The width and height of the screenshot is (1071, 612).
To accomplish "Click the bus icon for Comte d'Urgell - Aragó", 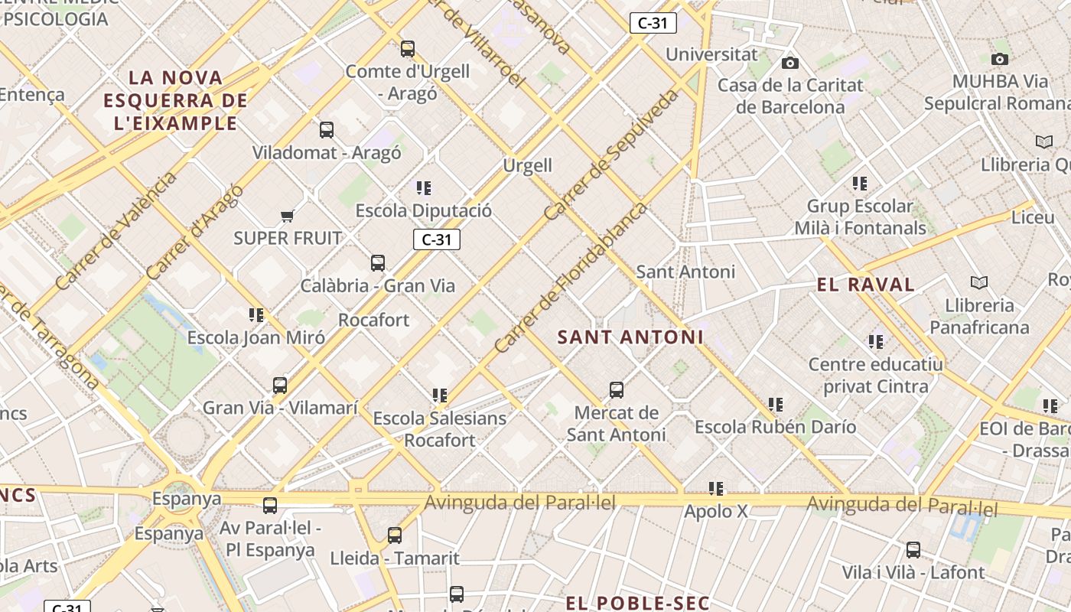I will [408, 49].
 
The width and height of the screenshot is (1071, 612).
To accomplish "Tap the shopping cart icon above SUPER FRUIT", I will [288, 216].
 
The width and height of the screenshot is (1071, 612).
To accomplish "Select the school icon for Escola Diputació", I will [424, 187].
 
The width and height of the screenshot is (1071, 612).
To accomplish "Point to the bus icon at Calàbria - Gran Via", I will [378, 263].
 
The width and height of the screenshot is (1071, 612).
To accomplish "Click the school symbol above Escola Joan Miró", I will [256, 314].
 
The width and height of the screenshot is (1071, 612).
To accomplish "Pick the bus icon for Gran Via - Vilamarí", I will [280, 386].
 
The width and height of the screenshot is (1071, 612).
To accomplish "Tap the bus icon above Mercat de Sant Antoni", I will [617, 390].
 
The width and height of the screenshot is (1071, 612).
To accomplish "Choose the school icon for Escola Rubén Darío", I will [776, 404].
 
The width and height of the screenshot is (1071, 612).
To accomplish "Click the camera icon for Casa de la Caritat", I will [790, 63].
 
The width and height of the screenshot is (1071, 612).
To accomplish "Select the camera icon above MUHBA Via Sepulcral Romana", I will [999, 59].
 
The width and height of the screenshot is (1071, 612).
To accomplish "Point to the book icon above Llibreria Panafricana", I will [979, 282].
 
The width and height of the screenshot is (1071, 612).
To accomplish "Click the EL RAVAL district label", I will [866, 285].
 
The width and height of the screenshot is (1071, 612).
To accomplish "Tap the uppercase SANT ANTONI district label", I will [630, 337].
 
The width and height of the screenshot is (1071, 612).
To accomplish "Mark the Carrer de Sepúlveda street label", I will [612, 155].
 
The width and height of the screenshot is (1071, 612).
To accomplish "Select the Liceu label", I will [1033, 217].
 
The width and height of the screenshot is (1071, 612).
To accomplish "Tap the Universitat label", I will [711, 54].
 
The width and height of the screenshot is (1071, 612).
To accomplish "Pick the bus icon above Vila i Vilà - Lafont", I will [913, 550].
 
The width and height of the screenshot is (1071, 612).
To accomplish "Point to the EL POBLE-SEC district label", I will [638, 603].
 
